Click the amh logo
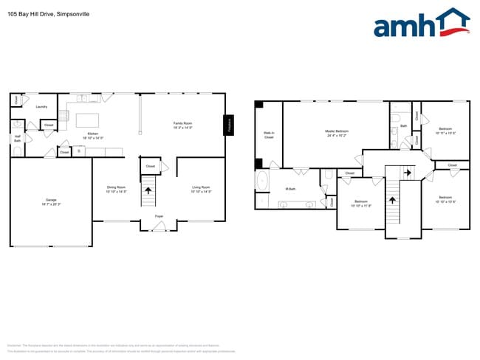[421, 24]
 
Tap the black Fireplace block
[228, 125]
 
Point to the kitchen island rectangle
[87, 120]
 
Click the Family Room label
[182, 125]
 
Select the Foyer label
[159, 216]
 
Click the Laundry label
[41, 107]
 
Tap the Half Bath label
[17, 138]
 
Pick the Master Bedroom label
[336, 134]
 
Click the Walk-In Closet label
[269, 136]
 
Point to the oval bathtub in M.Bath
[261, 180]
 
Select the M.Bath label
[291, 190]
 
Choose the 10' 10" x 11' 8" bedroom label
[361, 203]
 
